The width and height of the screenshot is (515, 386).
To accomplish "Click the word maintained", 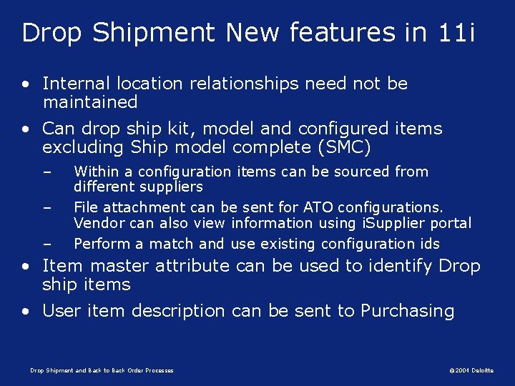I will [90, 102].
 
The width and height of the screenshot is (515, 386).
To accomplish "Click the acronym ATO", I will [320, 207].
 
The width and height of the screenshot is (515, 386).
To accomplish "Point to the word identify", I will [400, 267].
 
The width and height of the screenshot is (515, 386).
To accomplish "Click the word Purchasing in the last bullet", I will [407, 311].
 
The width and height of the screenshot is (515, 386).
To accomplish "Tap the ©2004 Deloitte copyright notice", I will [471, 370].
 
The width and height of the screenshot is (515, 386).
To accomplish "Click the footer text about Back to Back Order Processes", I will [102, 370].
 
